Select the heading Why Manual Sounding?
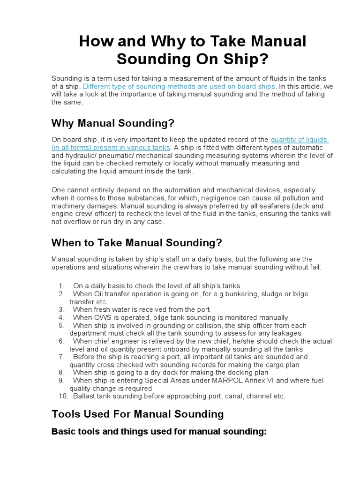tap(112, 123)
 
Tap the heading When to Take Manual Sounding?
tap(136, 242)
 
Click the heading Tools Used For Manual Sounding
tap(137, 414)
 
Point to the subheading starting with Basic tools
tap(158, 432)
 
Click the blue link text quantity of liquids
tap(300, 140)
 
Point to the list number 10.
tap(63, 396)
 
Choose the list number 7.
tap(61, 357)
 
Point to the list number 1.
tap(61, 286)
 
